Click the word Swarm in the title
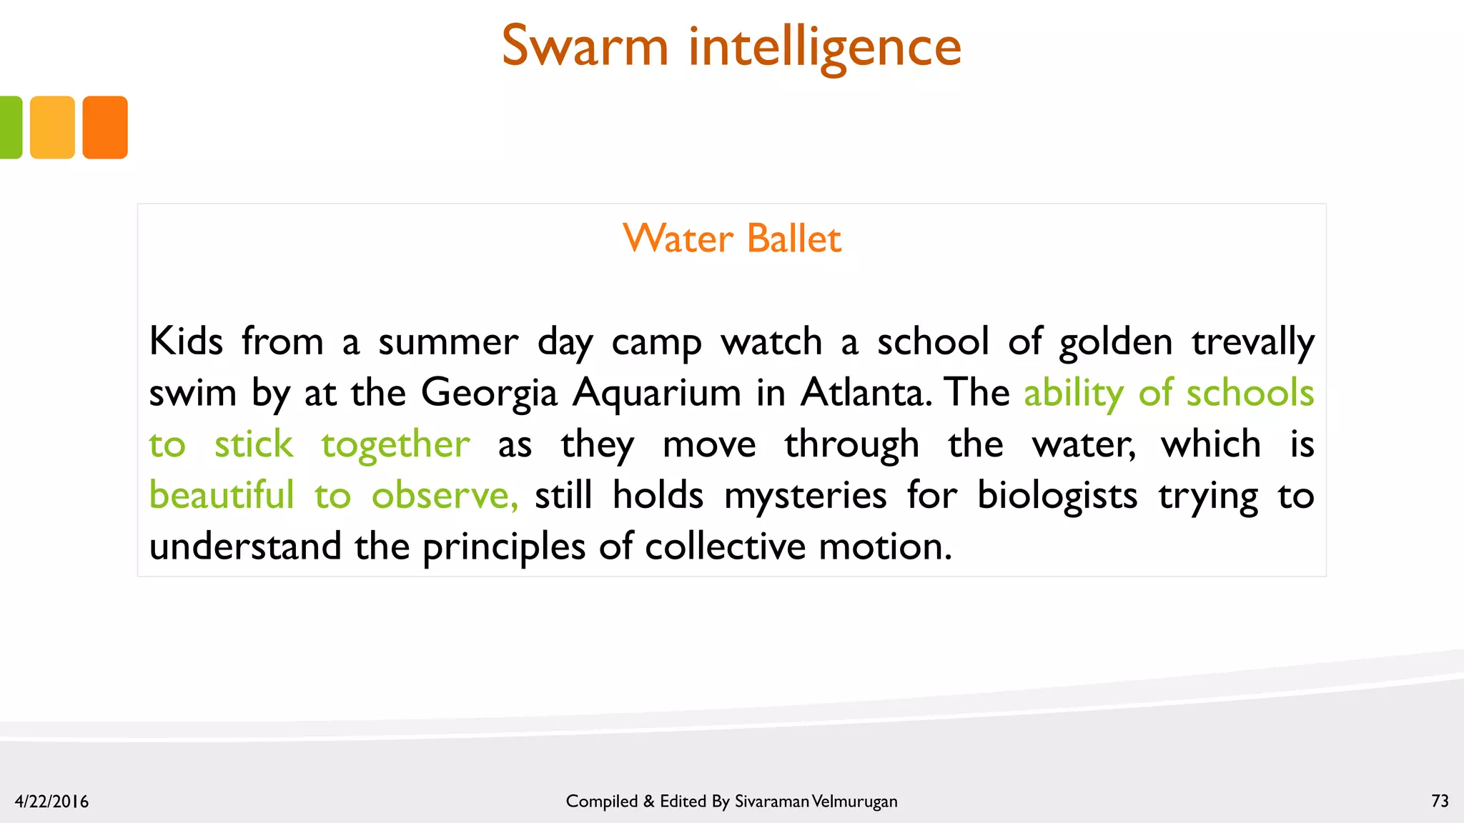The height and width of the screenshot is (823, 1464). point(585,46)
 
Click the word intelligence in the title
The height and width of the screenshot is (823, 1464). point(825,46)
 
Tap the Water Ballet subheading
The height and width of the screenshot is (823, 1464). point(732,238)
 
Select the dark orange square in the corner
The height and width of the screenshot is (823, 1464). point(105,127)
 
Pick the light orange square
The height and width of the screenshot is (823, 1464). point(52,127)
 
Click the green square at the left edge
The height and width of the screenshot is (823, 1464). point(10,127)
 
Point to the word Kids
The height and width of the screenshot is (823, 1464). point(186,341)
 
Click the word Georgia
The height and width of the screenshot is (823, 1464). point(489,393)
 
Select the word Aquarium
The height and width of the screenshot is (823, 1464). point(656,393)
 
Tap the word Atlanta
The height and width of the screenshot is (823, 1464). point(866,392)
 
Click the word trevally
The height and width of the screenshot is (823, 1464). point(1252,341)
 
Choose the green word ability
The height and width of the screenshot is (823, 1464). point(1073,393)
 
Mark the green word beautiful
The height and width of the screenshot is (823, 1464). point(222,494)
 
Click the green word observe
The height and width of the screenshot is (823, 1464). point(445,494)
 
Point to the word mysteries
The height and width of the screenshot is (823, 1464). point(805,494)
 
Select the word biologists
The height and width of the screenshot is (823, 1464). point(1057,494)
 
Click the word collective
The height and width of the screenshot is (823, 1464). point(725,547)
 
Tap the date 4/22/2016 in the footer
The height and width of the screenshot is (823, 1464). point(51,802)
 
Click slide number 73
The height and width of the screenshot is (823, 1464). point(1440,801)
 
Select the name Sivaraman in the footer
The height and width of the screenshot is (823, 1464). point(771,802)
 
